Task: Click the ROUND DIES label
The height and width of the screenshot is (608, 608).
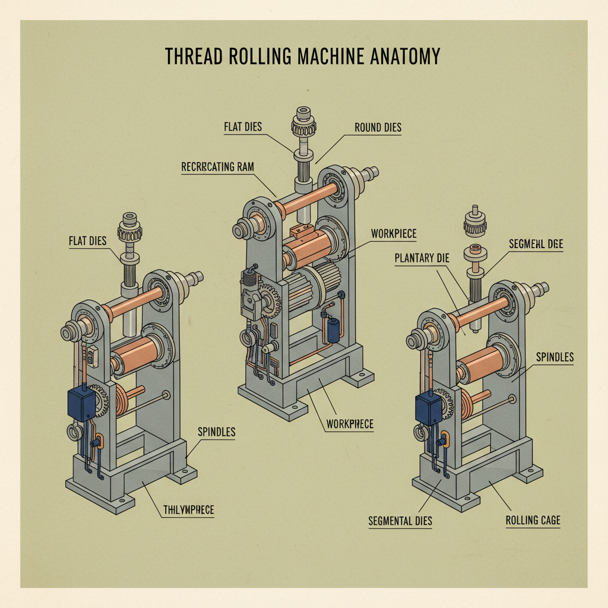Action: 378,127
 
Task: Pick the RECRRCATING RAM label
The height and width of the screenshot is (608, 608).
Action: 217,167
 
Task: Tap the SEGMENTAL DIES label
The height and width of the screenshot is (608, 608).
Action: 400,521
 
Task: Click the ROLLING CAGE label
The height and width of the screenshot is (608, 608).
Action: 533,520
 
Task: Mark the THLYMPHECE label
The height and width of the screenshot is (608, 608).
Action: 188,509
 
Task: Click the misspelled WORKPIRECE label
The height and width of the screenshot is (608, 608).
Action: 350,425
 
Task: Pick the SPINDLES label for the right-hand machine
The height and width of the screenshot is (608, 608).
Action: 555,357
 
